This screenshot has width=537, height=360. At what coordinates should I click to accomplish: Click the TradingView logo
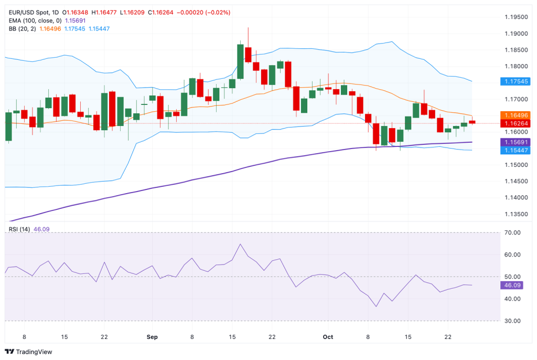click(28, 352)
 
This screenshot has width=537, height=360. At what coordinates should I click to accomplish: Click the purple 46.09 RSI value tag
click(512, 285)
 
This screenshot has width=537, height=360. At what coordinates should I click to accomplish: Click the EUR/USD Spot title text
click(30, 12)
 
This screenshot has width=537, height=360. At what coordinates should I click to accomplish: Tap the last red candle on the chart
click(472, 122)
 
